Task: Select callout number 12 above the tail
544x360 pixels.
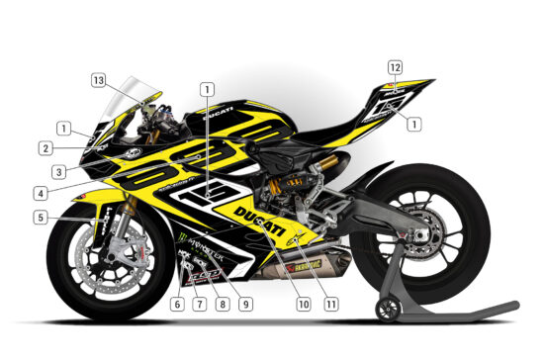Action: point(395,67)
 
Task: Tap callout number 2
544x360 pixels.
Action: point(46,149)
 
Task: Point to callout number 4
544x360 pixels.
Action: point(40,193)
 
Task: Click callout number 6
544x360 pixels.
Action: point(177,303)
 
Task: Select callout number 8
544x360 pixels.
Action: point(222,303)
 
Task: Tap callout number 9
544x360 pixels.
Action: point(244,303)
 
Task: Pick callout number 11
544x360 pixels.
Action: point(329,303)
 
